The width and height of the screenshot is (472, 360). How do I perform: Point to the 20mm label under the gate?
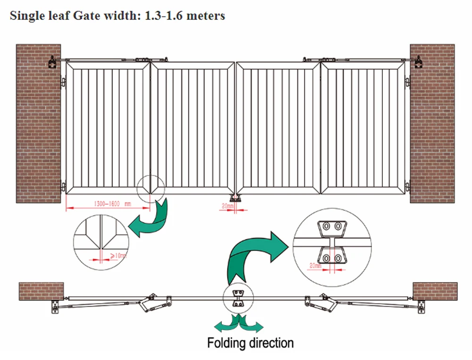tap(226, 206)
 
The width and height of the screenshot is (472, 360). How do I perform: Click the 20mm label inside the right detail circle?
tap(315, 266)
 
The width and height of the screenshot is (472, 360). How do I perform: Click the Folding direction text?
tap(250, 343)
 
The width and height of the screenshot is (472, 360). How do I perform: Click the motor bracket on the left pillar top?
tap(52, 62)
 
